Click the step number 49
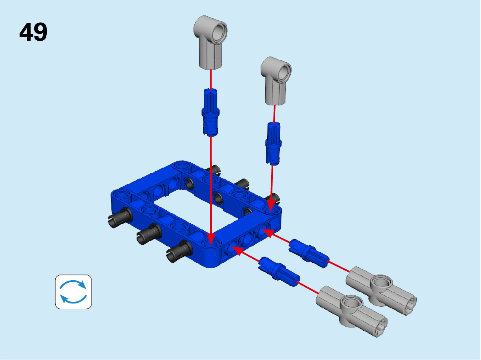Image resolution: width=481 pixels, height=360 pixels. click(x=33, y=32)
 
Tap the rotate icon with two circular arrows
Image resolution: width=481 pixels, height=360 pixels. click(x=73, y=292)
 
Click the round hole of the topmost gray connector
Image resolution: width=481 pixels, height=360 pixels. click(x=219, y=32)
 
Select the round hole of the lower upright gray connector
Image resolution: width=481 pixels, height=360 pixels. click(x=284, y=72)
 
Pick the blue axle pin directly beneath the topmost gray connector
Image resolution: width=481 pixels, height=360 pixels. click(x=211, y=112)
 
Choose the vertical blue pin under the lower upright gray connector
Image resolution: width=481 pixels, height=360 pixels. click(x=273, y=144)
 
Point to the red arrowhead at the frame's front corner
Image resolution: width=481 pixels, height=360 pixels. click(x=211, y=239)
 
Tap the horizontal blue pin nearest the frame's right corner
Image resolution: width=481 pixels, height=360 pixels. click(x=309, y=253)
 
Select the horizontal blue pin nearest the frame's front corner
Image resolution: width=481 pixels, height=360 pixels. click(x=279, y=271)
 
